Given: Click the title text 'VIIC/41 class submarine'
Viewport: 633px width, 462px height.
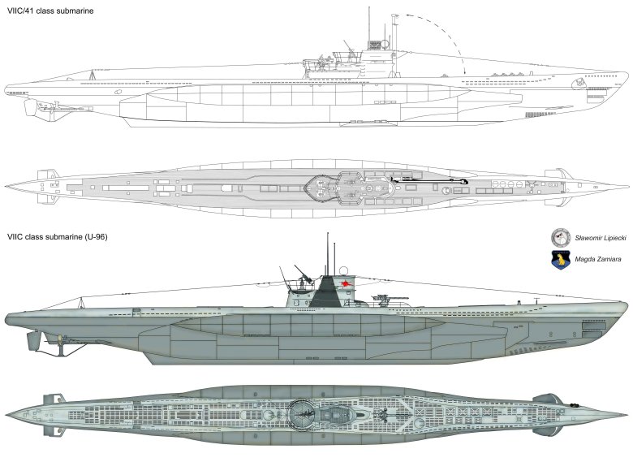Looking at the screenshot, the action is coord(50,11).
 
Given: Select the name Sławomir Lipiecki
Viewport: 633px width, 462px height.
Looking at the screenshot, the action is coord(601,238).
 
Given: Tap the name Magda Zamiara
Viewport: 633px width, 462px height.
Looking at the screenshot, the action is coord(598,259).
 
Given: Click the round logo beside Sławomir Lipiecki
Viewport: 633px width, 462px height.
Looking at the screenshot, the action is coord(561,237).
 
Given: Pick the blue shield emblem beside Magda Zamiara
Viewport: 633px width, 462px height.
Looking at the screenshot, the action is coord(561,259).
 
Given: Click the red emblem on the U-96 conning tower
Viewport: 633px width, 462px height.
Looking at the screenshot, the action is coord(346,285).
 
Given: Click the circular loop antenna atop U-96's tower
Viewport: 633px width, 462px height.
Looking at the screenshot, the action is coord(343,270).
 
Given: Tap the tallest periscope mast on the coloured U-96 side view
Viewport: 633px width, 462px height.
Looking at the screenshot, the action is coord(327,254).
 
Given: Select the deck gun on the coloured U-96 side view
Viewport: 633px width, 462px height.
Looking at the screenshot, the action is coord(389,299).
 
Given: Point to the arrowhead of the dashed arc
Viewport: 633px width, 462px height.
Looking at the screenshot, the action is coord(465,71).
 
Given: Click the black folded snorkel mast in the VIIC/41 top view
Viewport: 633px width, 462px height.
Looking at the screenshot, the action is coord(428,179).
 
